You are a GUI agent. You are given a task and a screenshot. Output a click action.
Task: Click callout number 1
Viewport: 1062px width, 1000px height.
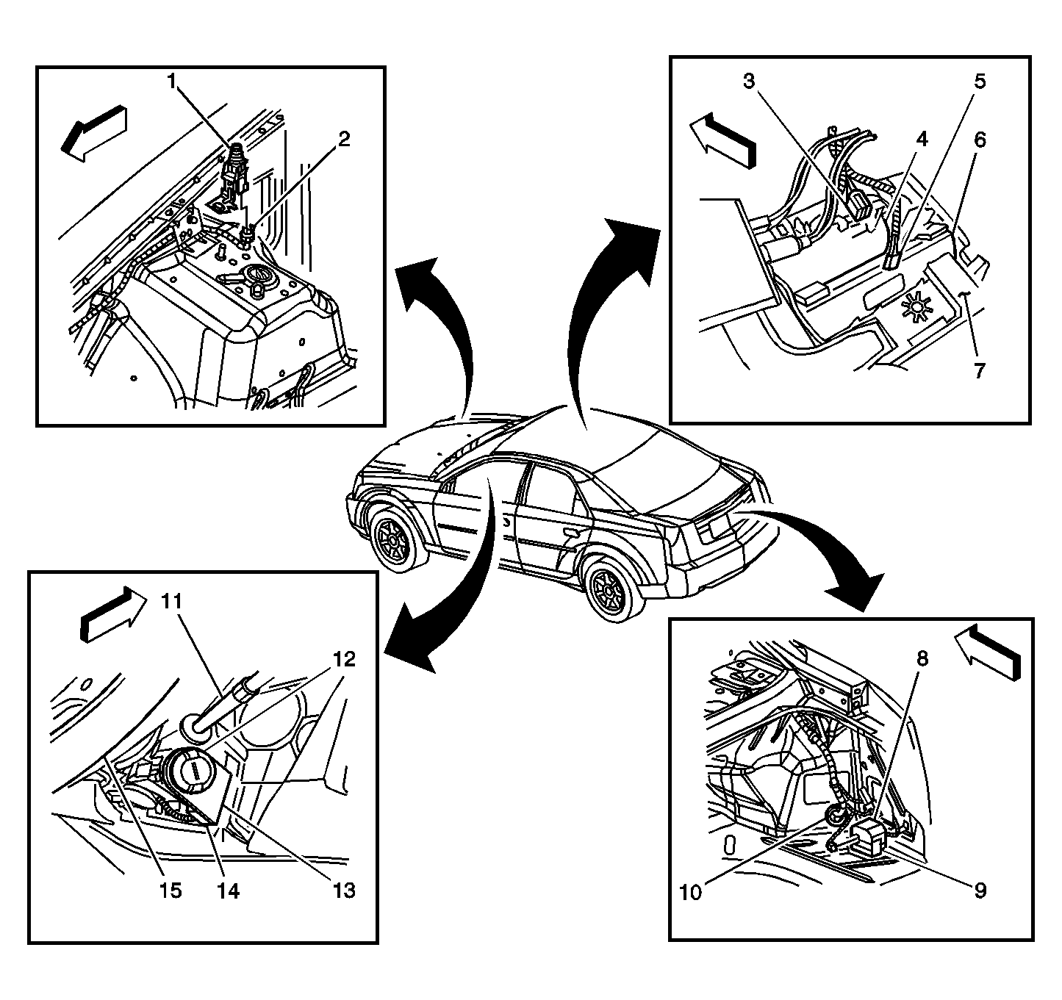pyautogui.click(x=173, y=81)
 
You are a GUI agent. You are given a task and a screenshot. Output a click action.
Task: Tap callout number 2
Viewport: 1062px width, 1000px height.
pyautogui.click(x=343, y=139)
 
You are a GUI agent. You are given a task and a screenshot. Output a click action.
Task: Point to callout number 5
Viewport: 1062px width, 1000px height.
pyautogui.click(x=980, y=82)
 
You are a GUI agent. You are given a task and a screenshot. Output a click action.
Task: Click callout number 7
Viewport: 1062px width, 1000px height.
pyautogui.click(x=979, y=371)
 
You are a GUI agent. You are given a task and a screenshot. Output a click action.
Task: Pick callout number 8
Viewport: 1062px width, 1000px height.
pyautogui.click(x=922, y=658)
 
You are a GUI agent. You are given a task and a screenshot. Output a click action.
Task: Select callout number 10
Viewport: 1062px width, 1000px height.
pyautogui.click(x=692, y=892)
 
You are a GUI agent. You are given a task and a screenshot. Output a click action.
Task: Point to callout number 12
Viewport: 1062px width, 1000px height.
pyautogui.click(x=343, y=659)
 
